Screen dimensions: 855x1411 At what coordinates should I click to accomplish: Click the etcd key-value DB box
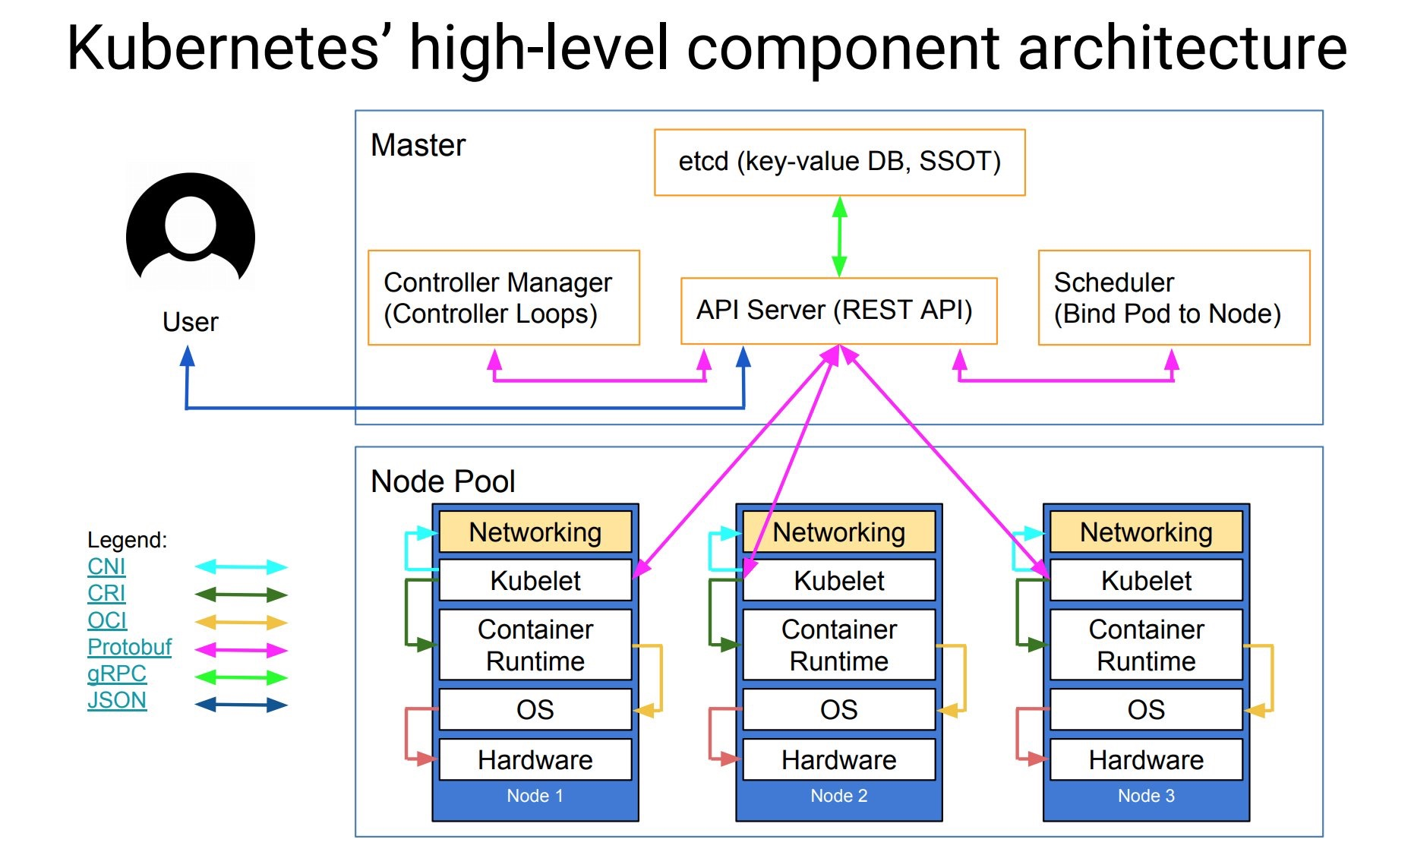pos(839,162)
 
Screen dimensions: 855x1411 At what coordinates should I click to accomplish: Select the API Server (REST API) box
pos(838,311)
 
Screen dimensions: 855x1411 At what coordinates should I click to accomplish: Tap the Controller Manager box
pos(503,298)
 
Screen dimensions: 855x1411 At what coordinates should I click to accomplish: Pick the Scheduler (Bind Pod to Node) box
pos(1173,298)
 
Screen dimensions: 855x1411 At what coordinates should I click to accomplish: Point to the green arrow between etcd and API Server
pos(839,236)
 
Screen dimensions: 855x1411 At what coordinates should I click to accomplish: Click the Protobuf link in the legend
pos(129,647)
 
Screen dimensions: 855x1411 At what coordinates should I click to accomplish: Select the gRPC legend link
pos(116,674)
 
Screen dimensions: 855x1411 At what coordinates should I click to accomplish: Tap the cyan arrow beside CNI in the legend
pos(241,566)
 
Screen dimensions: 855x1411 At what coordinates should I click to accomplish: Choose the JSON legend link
pos(116,700)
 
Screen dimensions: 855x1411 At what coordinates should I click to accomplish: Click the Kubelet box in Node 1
pos(535,581)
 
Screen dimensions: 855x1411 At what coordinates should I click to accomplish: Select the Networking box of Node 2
pos(838,532)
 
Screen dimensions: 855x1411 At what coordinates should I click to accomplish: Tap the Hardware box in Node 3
pos(1145,760)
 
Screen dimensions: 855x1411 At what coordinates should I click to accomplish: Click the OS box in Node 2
pos(838,710)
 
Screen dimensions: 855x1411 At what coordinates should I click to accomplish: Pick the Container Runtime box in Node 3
pos(1145,645)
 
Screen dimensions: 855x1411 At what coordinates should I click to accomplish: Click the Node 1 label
pos(535,796)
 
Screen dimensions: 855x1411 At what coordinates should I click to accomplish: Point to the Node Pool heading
pos(443,481)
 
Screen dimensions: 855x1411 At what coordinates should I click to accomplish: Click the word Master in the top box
pos(418,145)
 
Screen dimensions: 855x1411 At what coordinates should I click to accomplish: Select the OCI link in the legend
pos(106,620)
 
